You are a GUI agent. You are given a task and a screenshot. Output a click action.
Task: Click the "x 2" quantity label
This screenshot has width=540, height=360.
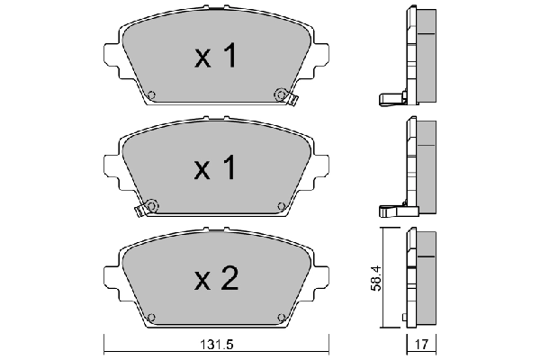216,280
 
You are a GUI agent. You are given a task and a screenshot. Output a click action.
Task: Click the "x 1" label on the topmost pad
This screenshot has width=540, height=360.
216,58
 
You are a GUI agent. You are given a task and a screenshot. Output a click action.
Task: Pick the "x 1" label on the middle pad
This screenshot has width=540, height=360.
216,167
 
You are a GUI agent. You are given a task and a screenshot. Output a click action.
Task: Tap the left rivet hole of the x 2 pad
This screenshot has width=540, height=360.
151,317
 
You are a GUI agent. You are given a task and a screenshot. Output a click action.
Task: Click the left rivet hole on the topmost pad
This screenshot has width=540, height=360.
151,96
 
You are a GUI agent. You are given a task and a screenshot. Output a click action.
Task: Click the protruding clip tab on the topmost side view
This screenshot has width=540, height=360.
388,98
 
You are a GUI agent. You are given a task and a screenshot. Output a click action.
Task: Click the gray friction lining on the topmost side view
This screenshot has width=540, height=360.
427,54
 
